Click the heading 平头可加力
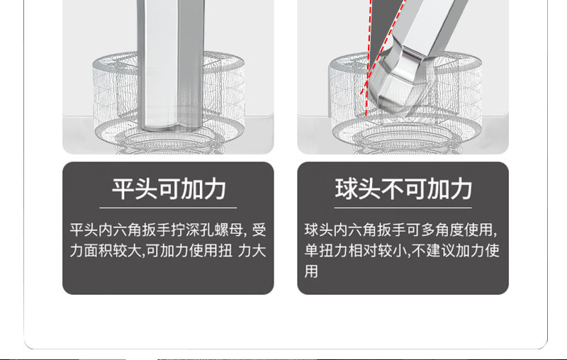tap(169, 189)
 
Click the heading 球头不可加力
tap(403, 189)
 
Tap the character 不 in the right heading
tap(392, 189)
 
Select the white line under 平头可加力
tap(168, 208)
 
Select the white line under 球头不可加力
tap(403, 208)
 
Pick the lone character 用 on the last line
tap(311, 271)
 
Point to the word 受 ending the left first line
tap(259, 230)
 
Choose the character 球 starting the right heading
tap(347, 189)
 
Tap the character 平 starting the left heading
tap(123, 189)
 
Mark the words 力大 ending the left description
tap(252, 251)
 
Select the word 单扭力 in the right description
tap(326, 251)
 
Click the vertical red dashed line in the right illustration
tap(369, 58)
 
